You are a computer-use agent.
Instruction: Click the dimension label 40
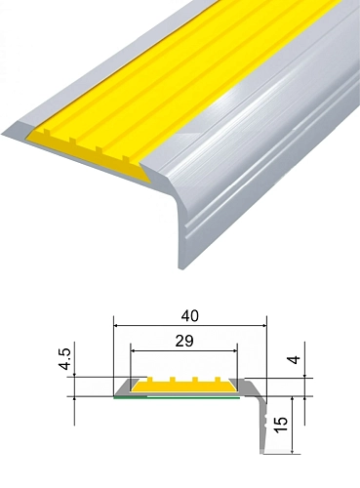pyautogui.click(x=190, y=316)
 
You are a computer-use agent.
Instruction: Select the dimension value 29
pyautogui.click(x=184, y=341)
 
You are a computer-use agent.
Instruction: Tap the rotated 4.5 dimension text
pyautogui.click(x=64, y=359)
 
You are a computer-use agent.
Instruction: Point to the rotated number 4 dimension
pyautogui.click(x=294, y=360)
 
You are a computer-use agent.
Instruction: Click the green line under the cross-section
pyautogui.click(x=177, y=397)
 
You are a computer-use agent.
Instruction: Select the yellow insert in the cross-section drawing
pyautogui.click(x=183, y=386)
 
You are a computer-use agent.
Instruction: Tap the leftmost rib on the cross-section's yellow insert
pyautogui.click(x=150, y=380)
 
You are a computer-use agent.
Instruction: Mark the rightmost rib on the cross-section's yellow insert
pyautogui.click(x=218, y=380)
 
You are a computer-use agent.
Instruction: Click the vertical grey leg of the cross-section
pyautogui.click(x=263, y=427)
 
